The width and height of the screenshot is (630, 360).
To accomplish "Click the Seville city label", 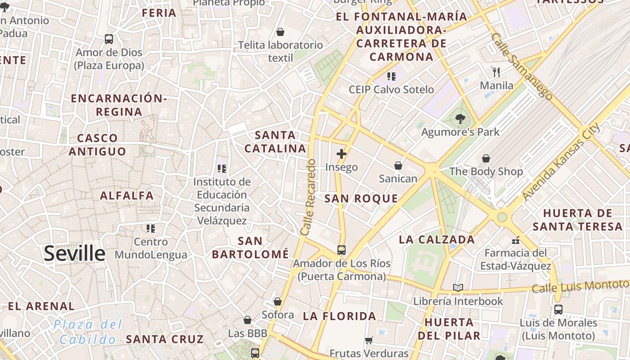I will [x=74, y=254].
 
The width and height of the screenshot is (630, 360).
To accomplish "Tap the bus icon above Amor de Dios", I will [x=109, y=39].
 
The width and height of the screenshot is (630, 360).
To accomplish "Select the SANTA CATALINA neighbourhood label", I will [x=275, y=141].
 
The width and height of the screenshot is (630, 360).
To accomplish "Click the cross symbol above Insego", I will [x=342, y=154].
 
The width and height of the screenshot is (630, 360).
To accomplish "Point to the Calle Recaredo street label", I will [x=309, y=197].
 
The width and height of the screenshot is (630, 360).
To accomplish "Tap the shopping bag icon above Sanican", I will [x=398, y=166].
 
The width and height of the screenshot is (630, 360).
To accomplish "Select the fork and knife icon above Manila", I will [x=496, y=72].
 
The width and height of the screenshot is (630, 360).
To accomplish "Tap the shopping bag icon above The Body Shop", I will [x=486, y=158].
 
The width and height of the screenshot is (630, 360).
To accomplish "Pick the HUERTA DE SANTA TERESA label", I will [x=577, y=219].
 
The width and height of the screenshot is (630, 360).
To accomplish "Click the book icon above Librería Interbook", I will [x=458, y=288].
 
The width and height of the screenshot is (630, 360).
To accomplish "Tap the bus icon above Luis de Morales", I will [x=558, y=310].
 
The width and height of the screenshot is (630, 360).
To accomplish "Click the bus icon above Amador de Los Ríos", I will [x=342, y=250].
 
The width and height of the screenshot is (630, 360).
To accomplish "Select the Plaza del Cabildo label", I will [x=88, y=332].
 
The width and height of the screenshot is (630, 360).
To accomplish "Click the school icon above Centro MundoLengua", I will [x=151, y=229].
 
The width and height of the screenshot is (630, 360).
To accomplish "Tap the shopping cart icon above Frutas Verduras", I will [x=369, y=340].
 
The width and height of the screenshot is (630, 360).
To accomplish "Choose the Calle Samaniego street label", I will [x=522, y=66].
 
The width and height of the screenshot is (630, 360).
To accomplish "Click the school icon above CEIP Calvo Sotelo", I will [x=391, y=76].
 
